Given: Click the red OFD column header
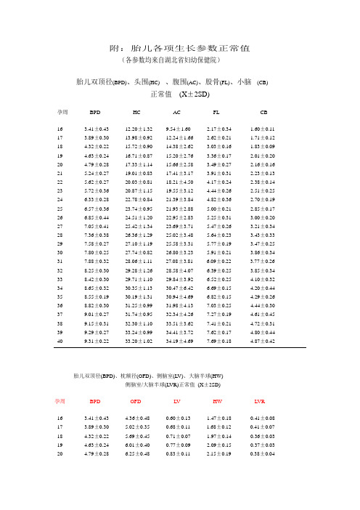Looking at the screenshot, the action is click(136, 400).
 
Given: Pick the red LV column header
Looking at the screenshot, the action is click(177, 400).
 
